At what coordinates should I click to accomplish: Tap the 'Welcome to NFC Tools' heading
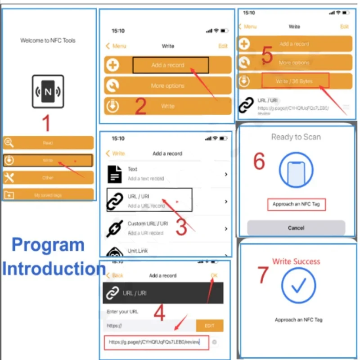tap(48, 40)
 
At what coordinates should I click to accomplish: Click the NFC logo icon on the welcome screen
tap(48, 92)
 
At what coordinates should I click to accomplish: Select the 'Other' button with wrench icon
tap(48, 178)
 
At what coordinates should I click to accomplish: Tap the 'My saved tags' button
tap(48, 195)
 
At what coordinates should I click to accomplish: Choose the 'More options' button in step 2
tap(167, 85)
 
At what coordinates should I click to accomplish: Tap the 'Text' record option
tap(166, 173)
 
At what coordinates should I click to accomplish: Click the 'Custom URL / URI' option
tap(166, 228)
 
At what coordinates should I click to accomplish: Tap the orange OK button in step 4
tap(214, 275)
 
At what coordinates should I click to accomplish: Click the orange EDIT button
tap(210, 325)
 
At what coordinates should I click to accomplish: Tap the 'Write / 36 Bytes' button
tap(295, 81)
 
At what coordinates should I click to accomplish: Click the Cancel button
tap(296, 228)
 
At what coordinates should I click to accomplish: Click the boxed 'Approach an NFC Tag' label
tap(296, 204)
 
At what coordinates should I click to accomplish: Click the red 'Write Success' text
tap(296, 261)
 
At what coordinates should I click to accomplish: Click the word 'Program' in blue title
tap(48, 245)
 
